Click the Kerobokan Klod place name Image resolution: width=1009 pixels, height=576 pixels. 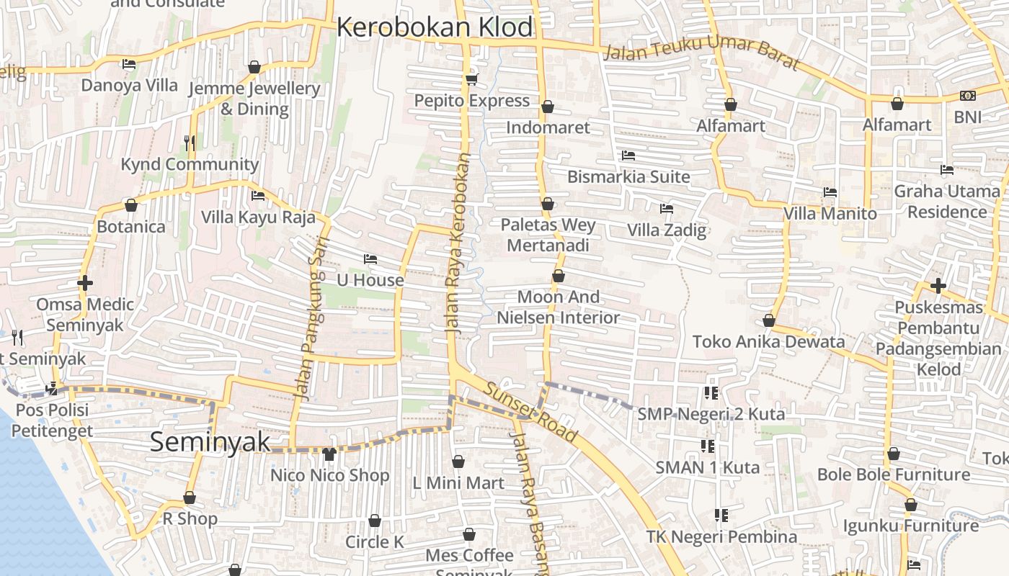click(435, 27)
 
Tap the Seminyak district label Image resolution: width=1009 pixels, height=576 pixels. click(210, 442)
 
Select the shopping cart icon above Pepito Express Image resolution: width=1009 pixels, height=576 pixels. click(472, 79)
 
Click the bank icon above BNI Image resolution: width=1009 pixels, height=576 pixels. click(967, 96)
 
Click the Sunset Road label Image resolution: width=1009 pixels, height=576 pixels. click(530, 412)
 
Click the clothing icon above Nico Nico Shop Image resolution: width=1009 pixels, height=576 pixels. click(329, 454)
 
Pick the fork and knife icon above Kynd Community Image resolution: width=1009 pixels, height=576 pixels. click(189, 143)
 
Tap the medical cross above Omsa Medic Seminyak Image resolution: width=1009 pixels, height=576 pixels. click(85, 283)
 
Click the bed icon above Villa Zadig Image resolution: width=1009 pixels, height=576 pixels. click(667, 209)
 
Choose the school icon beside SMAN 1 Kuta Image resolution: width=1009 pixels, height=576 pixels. click(707, 446)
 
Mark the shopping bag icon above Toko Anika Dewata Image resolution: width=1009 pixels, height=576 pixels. click(768, 320)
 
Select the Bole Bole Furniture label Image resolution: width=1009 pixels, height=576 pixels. click(893, 474)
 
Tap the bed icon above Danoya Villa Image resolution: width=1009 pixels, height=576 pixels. click(129, 64)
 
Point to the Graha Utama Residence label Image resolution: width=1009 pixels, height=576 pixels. click(946, 202)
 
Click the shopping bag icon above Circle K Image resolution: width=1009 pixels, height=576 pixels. click(375, 521)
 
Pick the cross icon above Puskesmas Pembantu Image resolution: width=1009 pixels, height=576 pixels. click(938, 286)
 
